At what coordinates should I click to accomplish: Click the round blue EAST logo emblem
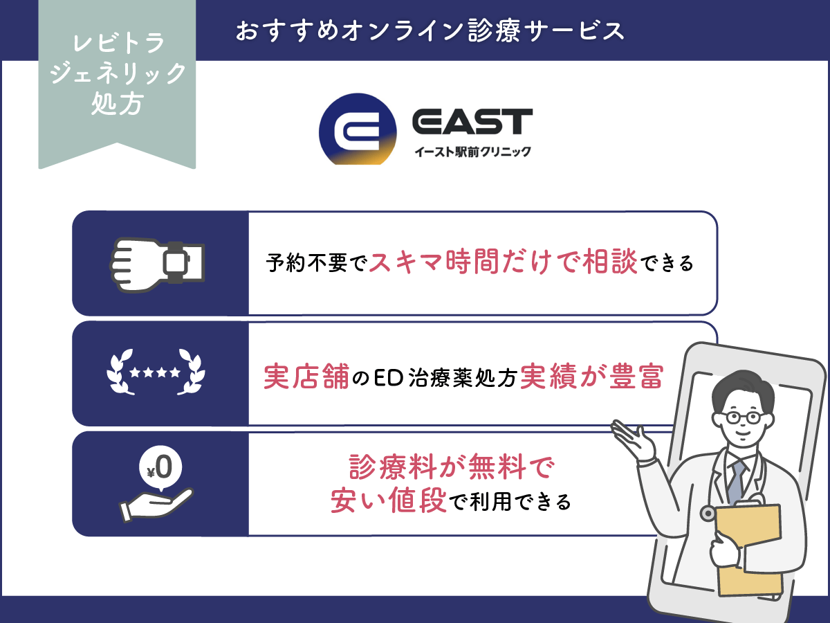pos(358,129)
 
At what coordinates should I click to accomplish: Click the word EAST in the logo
pos(472,122)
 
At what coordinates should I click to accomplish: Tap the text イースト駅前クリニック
pos(472,152)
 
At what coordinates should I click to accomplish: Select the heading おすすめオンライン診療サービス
pos(430,31)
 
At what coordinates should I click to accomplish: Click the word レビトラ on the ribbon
pos(118,44)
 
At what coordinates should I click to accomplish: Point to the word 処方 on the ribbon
pos(118,105)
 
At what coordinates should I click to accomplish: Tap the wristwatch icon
pos(159,262)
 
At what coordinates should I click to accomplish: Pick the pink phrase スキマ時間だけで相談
pos(503,262)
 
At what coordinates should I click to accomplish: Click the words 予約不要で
pos(315,264)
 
